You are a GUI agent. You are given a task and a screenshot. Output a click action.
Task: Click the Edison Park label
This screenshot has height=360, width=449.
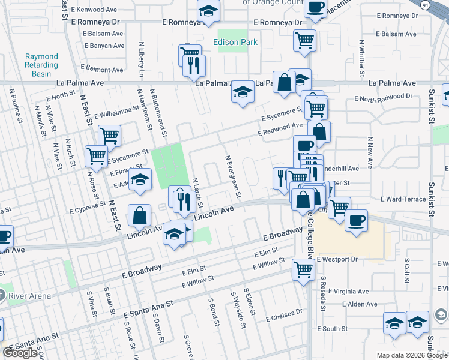[235, 43]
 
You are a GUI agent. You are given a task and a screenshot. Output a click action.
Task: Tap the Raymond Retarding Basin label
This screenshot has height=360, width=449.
[41, 65]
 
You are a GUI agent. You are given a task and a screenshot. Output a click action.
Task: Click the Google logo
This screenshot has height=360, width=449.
[20, 353]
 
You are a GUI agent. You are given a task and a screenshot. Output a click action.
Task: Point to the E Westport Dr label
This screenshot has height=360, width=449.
[337, 259]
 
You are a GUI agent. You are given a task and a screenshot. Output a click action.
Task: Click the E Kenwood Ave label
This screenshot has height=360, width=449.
[94, 10]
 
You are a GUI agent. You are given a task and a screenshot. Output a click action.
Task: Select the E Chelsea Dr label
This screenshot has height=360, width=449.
[282, 313]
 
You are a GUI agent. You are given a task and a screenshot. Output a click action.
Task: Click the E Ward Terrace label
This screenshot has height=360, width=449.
[403, 199]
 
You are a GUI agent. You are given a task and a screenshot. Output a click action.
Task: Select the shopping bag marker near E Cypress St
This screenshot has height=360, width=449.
[140, 216]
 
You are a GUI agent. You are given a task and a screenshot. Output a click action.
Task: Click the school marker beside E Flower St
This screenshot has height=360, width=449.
[140, 180]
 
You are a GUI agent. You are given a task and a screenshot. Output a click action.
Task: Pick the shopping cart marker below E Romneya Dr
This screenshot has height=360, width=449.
[304, 41]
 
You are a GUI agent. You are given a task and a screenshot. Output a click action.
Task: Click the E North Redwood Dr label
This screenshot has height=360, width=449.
[383, 97]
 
